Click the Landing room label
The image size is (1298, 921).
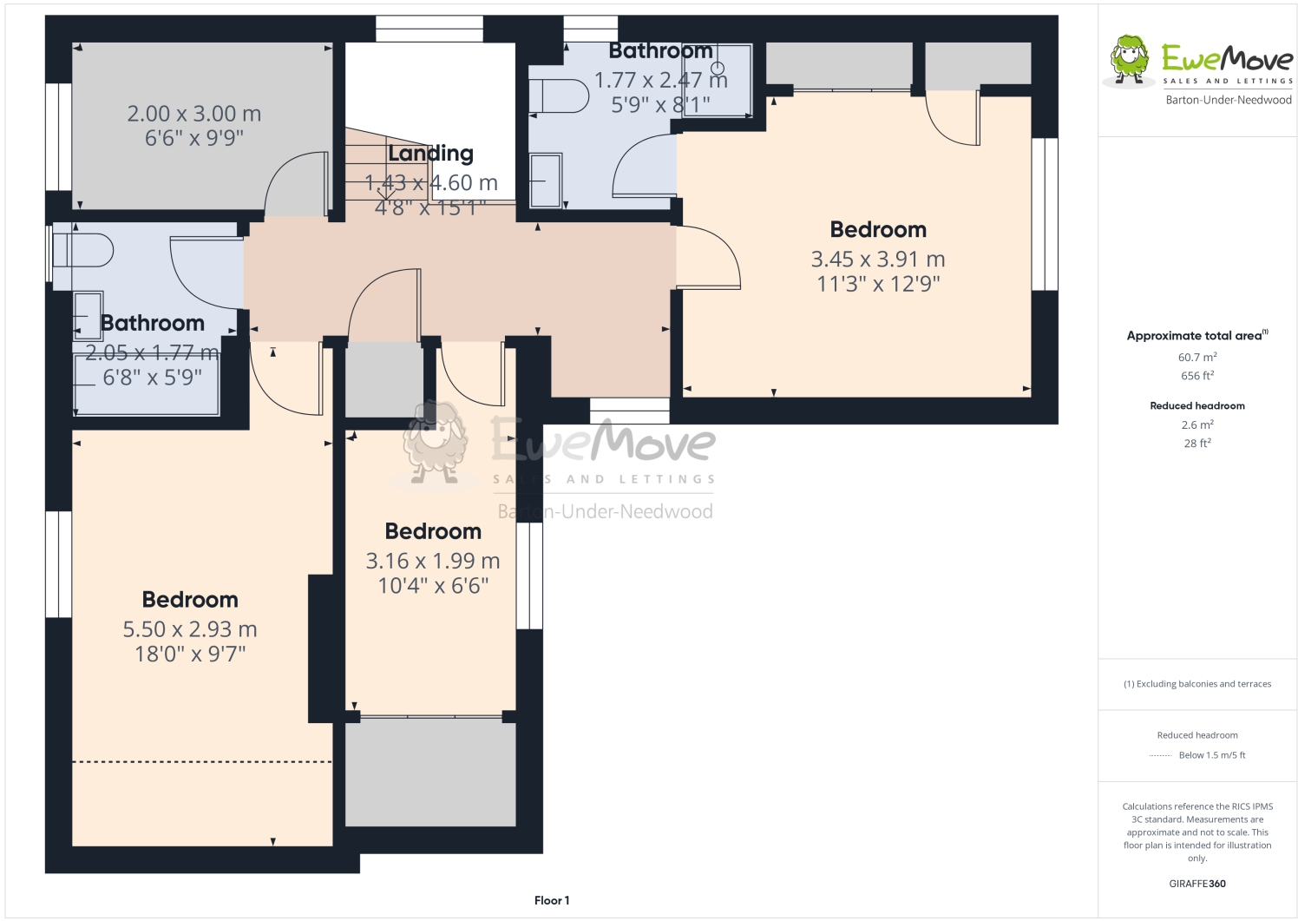[x=430, y=154]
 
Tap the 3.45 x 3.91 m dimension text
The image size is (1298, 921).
[x=877, y=259]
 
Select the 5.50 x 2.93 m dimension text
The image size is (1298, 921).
[x=190, y=629]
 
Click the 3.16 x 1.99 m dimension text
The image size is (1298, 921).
[x=433, y=561]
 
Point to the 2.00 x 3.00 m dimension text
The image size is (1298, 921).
[x=194, y=114]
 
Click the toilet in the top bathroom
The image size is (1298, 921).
[x=559, y=96]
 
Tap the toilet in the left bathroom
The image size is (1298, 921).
[x=83, y=251]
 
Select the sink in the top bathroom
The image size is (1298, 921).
[x=545, y=181]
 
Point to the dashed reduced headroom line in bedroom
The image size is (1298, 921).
[x=202, y=762]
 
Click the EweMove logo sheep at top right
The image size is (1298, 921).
[x=1130, y=61]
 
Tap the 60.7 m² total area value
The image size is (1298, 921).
[x=1196, y=357]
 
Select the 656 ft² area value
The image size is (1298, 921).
[x=1196, y=376]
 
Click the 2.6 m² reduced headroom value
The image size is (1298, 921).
[x=1196, y=424]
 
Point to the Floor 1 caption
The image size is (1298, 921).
[x=552, y=900]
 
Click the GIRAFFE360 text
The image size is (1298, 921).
[x=1196, y=884]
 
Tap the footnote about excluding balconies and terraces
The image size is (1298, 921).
[x=1196, y=684]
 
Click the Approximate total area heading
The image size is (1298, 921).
[x=1196, y=336]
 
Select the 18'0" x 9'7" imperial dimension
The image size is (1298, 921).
[x=190, y=654]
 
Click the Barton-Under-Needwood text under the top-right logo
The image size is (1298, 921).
[x=1228, y=100]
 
